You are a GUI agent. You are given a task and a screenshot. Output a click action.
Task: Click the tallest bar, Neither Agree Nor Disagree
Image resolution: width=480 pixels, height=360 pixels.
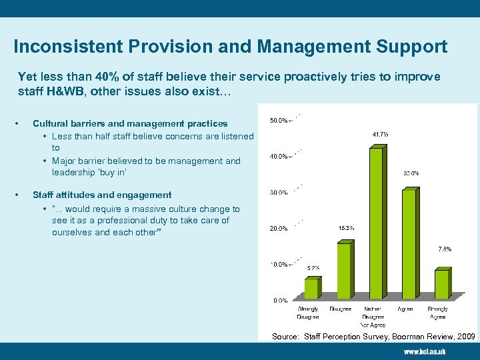click(x=376, y=223)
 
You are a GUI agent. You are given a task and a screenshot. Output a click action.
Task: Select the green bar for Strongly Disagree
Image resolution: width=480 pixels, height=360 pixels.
click(x=311, y=288)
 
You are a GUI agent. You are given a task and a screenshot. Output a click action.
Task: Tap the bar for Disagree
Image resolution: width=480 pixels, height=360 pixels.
click(x=344, y=270)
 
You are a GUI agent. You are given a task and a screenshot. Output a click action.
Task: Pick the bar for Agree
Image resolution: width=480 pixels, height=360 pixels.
click(x=409, y=244)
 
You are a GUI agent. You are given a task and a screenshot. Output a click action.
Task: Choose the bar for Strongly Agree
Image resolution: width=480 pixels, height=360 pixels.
click(x=441, y=284)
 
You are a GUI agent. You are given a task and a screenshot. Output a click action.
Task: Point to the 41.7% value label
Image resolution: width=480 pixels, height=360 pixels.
click(x=380, y=134)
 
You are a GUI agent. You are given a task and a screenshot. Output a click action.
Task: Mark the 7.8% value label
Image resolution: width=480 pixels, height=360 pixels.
click(x=444, y=249)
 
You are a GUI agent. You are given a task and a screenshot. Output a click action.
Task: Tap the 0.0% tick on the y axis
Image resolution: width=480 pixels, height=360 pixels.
click(x=280, y=301)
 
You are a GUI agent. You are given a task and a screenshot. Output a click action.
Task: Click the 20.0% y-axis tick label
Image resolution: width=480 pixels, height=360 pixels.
click(x=279, y=229)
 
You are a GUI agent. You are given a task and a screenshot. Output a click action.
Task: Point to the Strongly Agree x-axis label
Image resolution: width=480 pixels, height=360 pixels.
click(x=437, y=313)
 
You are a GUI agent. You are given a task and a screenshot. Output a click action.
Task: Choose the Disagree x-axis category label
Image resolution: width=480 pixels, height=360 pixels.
click(x=341, y=309)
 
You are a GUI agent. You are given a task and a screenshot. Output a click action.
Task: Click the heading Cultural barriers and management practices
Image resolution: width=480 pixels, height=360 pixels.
click(x=130, y=123)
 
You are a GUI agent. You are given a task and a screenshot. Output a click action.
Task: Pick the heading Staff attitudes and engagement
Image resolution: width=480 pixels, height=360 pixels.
click(x=102, y=195)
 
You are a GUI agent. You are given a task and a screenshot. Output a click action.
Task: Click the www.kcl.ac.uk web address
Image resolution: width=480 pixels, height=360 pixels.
click(x=424, y=351)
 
